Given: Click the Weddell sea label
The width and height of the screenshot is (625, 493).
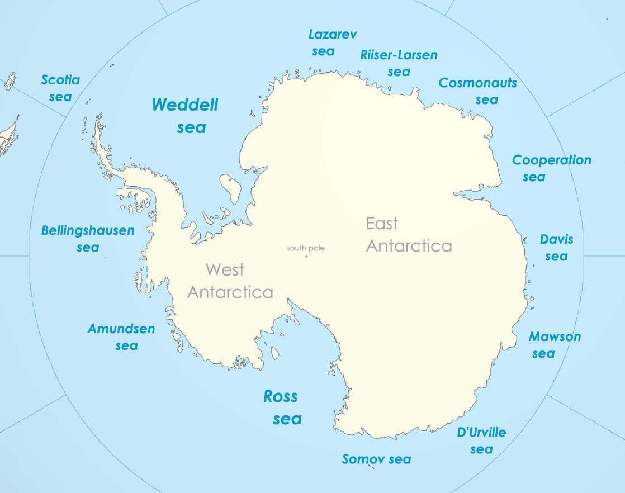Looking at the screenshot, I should point(185,116).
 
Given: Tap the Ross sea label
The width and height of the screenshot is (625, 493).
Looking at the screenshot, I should point(281,407).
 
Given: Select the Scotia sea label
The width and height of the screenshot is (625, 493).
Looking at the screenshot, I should point(60,88).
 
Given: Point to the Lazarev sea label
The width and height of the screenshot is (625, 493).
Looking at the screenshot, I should point(324,42).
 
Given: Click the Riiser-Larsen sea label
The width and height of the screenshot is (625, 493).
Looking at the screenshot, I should point(399,63).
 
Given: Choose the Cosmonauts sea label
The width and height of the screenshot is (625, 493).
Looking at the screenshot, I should point(478,91).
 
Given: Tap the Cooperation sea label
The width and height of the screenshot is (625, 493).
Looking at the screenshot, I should point(551,168).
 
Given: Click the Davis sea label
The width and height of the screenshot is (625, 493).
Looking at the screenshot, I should point(556,248).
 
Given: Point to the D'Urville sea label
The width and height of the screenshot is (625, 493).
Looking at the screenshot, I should point(481,440).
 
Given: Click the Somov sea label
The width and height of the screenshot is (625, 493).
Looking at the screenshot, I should point(376,459).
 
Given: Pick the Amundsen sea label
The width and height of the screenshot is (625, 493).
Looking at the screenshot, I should point(121,336).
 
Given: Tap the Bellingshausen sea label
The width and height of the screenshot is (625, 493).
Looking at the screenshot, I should point(88,238).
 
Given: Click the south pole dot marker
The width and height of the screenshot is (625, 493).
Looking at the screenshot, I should point(306,257).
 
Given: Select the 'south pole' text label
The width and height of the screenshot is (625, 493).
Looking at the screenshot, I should point(306,248).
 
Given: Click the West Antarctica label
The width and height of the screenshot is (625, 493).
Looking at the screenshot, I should point(230,281).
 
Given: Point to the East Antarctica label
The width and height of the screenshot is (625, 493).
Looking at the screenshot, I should point(409,235).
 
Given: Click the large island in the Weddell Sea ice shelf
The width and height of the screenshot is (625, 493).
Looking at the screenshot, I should point(230,188).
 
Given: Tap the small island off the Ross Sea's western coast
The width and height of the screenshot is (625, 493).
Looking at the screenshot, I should point(274,353).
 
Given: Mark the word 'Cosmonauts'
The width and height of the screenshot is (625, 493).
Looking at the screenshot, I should point(478,83).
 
